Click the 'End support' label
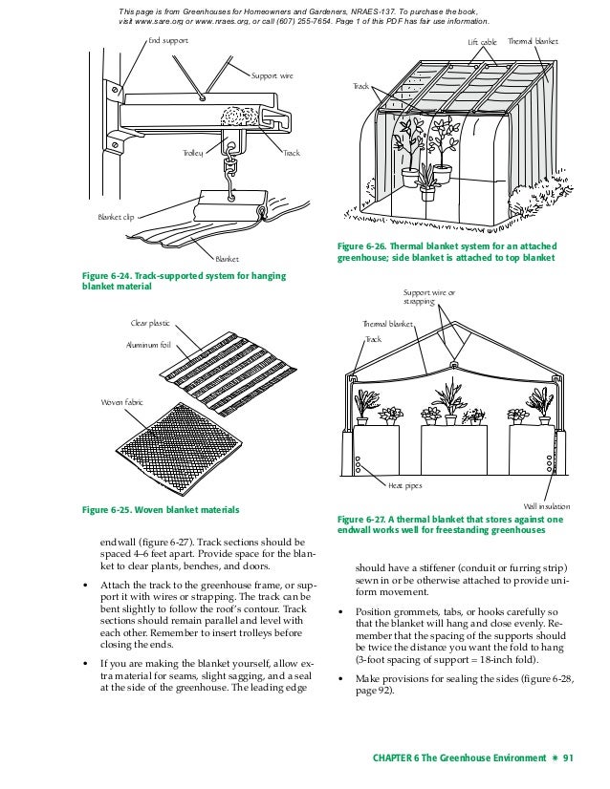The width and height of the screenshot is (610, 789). click(167, 41)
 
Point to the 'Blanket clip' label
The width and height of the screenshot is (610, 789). click(118, 217)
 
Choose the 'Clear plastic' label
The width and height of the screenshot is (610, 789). click(151, 324)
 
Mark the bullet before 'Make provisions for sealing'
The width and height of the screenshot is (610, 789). click(342, 677)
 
